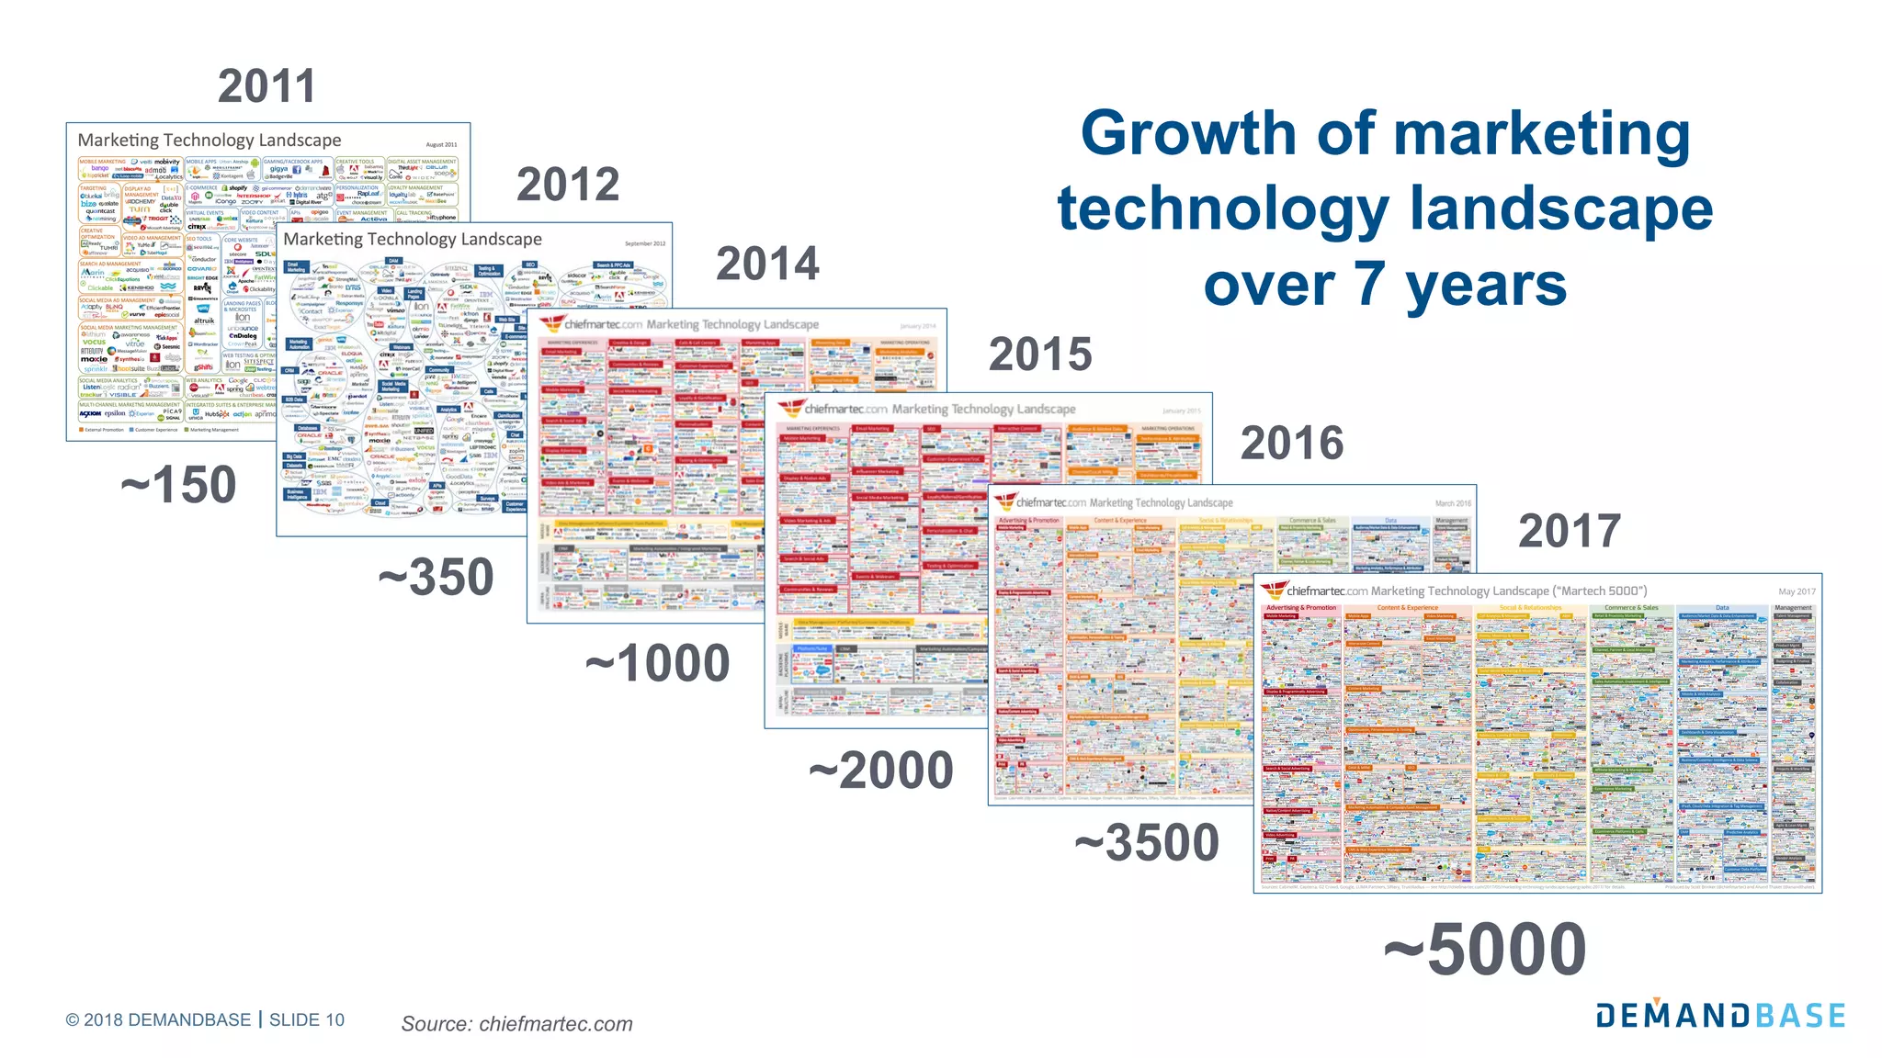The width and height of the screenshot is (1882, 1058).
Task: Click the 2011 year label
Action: (x=266, y=87)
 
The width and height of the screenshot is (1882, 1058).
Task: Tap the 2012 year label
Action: (x=568, y=185)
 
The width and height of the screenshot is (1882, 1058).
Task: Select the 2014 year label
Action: (x=767, y=264)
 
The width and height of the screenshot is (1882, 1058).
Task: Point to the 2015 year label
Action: (x=1040, y=354)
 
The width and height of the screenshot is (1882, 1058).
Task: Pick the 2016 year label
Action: (x=1292, y=444)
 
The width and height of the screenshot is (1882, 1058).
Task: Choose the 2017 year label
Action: (x=1570, y=531)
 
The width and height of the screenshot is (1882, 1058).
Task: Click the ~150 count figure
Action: (x=178, y=484)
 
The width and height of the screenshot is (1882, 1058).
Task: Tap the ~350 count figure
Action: (x=436, y=577)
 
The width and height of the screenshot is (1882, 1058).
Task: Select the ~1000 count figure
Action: (x=658, y=663)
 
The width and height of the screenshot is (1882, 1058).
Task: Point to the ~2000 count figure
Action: (x=881, y=770)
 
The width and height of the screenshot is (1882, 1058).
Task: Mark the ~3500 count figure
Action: (x=1147, y=842)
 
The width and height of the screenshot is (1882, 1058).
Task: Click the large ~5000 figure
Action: (x=1485, y=950)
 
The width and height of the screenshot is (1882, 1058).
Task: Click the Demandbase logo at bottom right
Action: (x=1720, y=1015)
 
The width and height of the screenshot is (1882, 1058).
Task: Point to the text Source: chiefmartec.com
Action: (x=516, y=1023)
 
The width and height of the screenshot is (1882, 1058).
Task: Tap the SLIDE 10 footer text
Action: (x=307, y=1019)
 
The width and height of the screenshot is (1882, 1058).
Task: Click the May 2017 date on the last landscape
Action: (x=1797, y=591)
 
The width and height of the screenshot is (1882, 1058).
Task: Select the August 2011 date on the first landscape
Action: (x=441, y=144)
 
